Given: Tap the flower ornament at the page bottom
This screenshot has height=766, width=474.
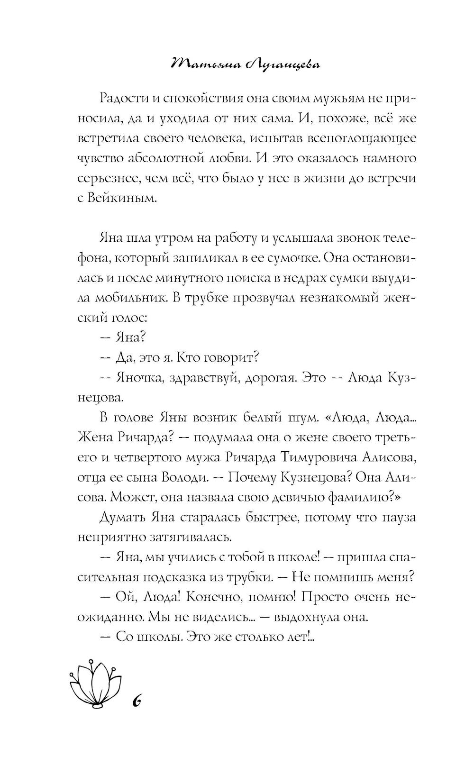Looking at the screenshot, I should (94, 683).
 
